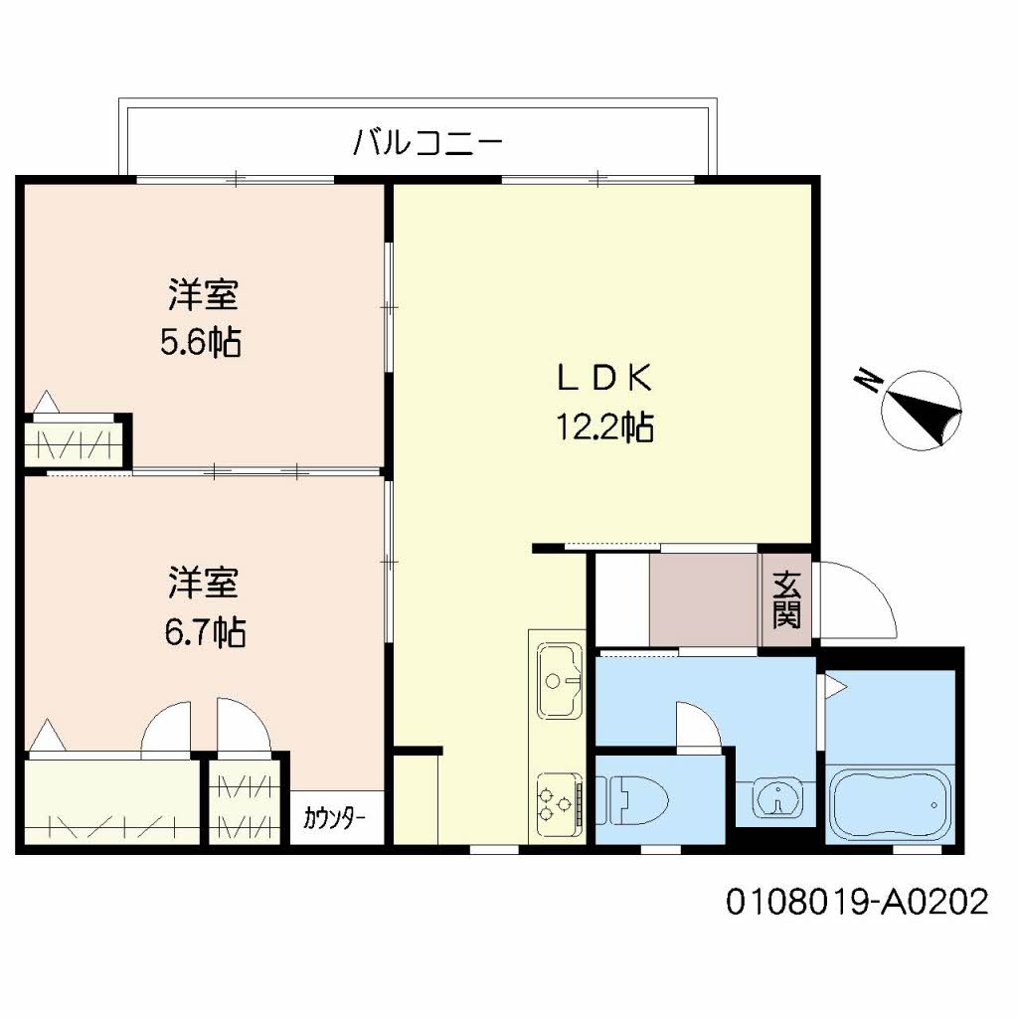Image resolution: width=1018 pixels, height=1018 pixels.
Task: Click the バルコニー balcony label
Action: point(427,141)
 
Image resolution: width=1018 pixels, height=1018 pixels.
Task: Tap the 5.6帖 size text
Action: point(201,342)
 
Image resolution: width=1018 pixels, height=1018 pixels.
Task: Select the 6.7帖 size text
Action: point(205,631)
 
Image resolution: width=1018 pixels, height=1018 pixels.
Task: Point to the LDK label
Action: point(604,379)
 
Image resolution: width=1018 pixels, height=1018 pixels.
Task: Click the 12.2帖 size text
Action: point(604,426)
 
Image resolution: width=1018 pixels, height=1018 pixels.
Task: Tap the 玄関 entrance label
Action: point(786,599)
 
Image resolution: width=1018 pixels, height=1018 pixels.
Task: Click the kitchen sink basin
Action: point(559,680)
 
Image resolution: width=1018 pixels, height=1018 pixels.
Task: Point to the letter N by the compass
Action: point(868,381)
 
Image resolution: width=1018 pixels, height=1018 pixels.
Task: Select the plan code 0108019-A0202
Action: point(857,902)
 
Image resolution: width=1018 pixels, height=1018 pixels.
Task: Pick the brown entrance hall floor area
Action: point(704,599)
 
